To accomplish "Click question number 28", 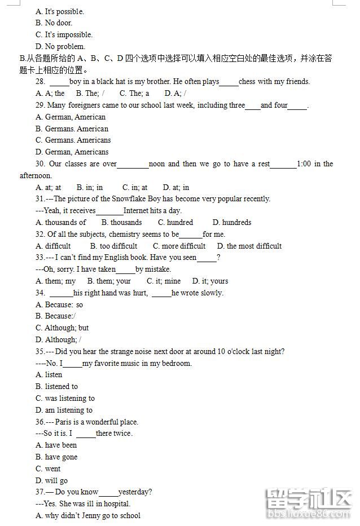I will pyautogui.click(x=40, y=82).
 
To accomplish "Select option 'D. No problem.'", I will pyautogui.click(x=60, y=46).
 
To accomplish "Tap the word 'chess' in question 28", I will pyautogui.click(x=247, y=82).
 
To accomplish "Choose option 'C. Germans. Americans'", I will pyautogui.click(x=73, y=140).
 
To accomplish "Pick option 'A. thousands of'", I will pyautogui.click(x=61, y=223).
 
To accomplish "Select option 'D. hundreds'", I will pyautogui.click(x=232, y=223).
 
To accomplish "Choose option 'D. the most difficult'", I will pyautogui.click(x=246, y=246).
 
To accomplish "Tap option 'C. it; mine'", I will pyautogui.click(x=164, y=281).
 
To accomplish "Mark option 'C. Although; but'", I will pyautogui.click(x=62, y=328).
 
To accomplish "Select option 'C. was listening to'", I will pyautogui.click(x=65, y=398).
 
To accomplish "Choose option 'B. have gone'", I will pyautogui.click(x=56, y=457).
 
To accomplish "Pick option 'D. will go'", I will pyautogui.click(x=51, y=481).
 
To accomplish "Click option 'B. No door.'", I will pyautogui.click(x=54, y=23).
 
